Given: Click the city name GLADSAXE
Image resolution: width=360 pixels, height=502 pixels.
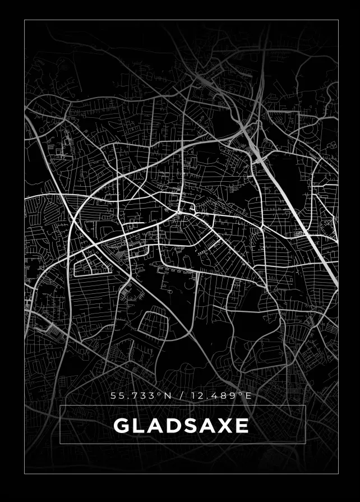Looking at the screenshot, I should pos(181,426).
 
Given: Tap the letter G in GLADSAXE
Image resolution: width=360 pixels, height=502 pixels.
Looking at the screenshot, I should pos(122,426).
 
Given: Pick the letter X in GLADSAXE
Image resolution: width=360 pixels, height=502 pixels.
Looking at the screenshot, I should pos(225,426).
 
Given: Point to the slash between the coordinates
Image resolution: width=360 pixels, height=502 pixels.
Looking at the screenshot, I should pos(181,396).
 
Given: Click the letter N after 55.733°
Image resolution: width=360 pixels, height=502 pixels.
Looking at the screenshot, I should pos(167,396).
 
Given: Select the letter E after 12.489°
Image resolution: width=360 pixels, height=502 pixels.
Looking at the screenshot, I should pos(248,396).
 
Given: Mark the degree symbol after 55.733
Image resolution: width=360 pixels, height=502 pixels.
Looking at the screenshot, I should pos(159,394).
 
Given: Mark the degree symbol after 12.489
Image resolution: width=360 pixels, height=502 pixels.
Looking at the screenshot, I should pos(241,394).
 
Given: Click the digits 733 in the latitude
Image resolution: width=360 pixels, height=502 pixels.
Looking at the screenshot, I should pos(145,396).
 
